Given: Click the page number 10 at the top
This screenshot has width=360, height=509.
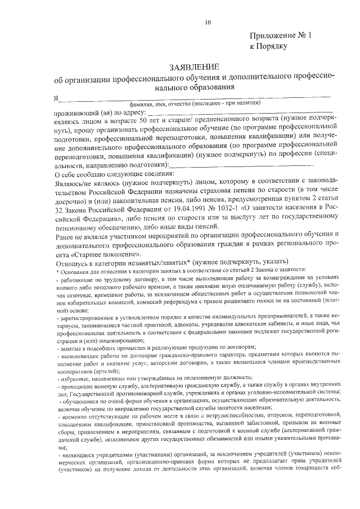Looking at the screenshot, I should (x=208, y=22).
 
